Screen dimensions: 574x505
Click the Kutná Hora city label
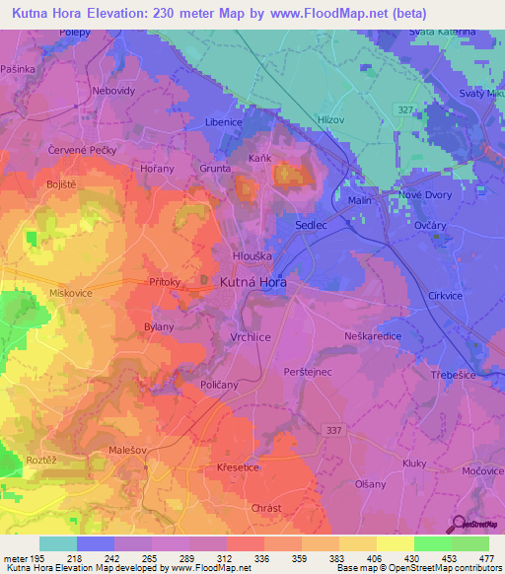[252, 283]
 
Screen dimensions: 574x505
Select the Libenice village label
[224, 148]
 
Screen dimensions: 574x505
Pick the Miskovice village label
[71, 294]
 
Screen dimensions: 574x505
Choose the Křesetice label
[239, 467]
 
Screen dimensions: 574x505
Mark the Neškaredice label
[372, 334]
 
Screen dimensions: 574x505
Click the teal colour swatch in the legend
[58, 543]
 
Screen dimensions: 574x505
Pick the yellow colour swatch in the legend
[395, 543]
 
